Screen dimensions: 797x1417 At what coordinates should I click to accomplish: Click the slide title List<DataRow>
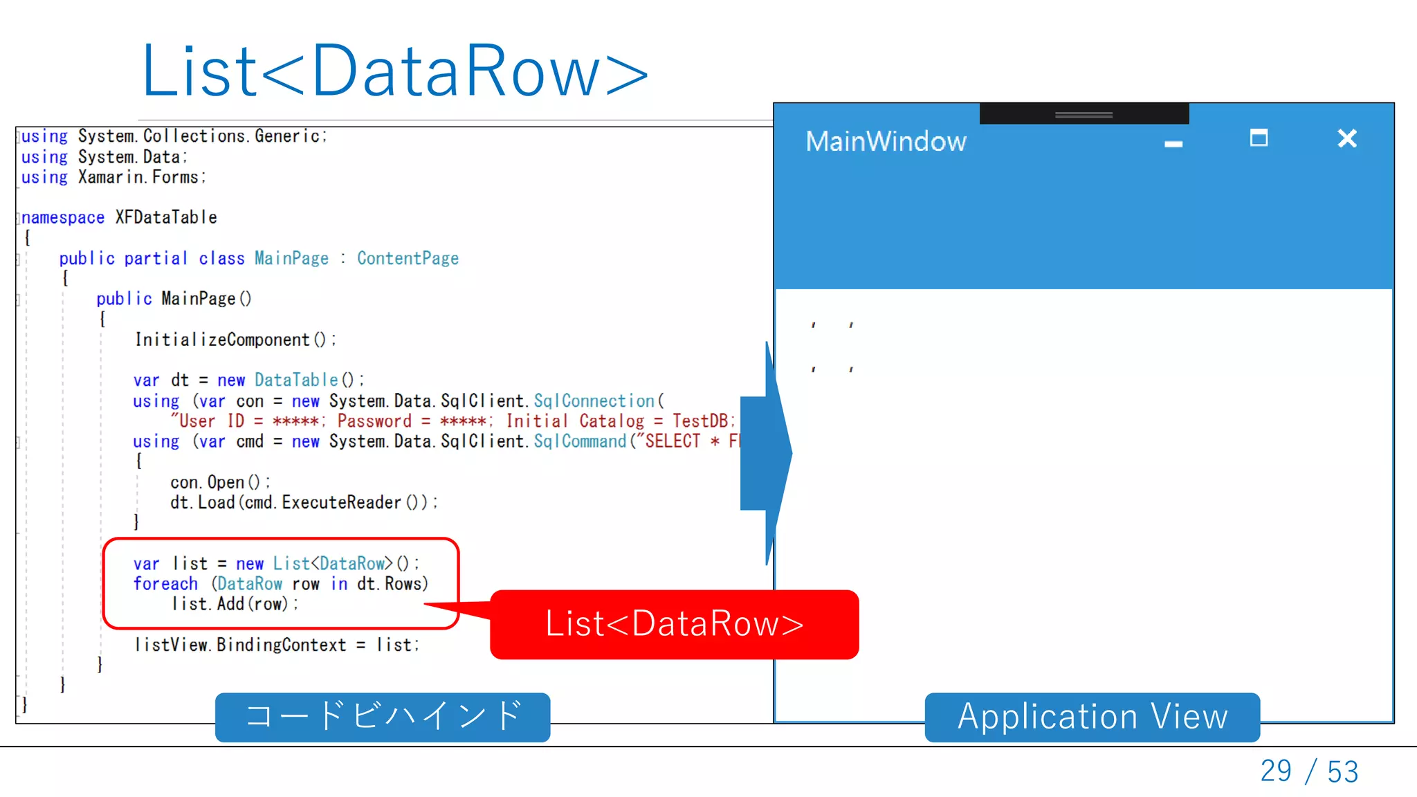point(394,71)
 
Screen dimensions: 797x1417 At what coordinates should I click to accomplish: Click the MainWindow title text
point(885,142)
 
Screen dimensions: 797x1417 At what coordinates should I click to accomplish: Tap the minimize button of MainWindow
point(1173,144)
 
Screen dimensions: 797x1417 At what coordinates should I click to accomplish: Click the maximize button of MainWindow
point(1259,138)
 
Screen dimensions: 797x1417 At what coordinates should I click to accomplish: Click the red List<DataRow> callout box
point(674,624)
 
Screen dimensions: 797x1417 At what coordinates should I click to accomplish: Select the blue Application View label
point(1092,717)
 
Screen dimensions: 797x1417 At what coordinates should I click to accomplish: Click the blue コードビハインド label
point(383,717)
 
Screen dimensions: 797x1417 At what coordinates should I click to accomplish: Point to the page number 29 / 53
point(1308,771)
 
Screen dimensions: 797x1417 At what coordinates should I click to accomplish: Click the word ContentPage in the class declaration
point(408,259)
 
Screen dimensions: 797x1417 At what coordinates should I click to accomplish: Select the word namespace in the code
point(62,218)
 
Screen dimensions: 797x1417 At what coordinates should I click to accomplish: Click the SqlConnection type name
point(594,401)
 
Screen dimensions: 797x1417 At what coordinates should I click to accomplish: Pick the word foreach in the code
point(165,584)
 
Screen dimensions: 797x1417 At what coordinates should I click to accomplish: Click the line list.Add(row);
point(235,604)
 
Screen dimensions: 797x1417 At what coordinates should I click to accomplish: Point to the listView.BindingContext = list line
point(277,645)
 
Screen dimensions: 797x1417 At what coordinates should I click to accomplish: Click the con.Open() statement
point(220,482)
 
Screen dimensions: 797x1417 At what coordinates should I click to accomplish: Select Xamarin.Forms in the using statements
point(141,178)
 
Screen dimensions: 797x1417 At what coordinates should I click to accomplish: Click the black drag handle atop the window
point(1084,114)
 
